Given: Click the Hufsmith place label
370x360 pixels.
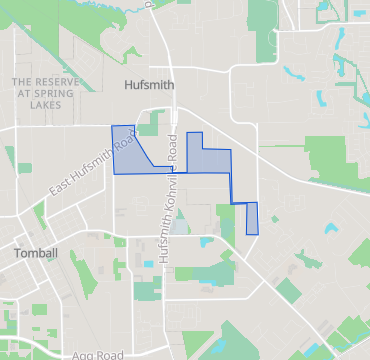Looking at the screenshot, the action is [147, 86].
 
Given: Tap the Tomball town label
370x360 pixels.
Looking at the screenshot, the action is [36, 253].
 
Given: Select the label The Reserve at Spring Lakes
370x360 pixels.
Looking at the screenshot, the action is [43, 92].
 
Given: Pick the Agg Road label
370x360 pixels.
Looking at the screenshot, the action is [98, 355].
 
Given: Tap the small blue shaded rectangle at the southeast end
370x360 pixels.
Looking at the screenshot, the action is [252, 217].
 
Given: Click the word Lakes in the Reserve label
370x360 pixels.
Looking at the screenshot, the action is [43, 104].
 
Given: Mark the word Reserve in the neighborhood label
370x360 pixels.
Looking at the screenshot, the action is [51, 80].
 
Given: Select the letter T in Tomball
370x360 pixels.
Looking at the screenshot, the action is [18, 253].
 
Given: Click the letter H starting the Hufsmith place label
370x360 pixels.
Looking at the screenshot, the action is [126, 86].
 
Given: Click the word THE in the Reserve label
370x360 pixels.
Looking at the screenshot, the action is [21, 80].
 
